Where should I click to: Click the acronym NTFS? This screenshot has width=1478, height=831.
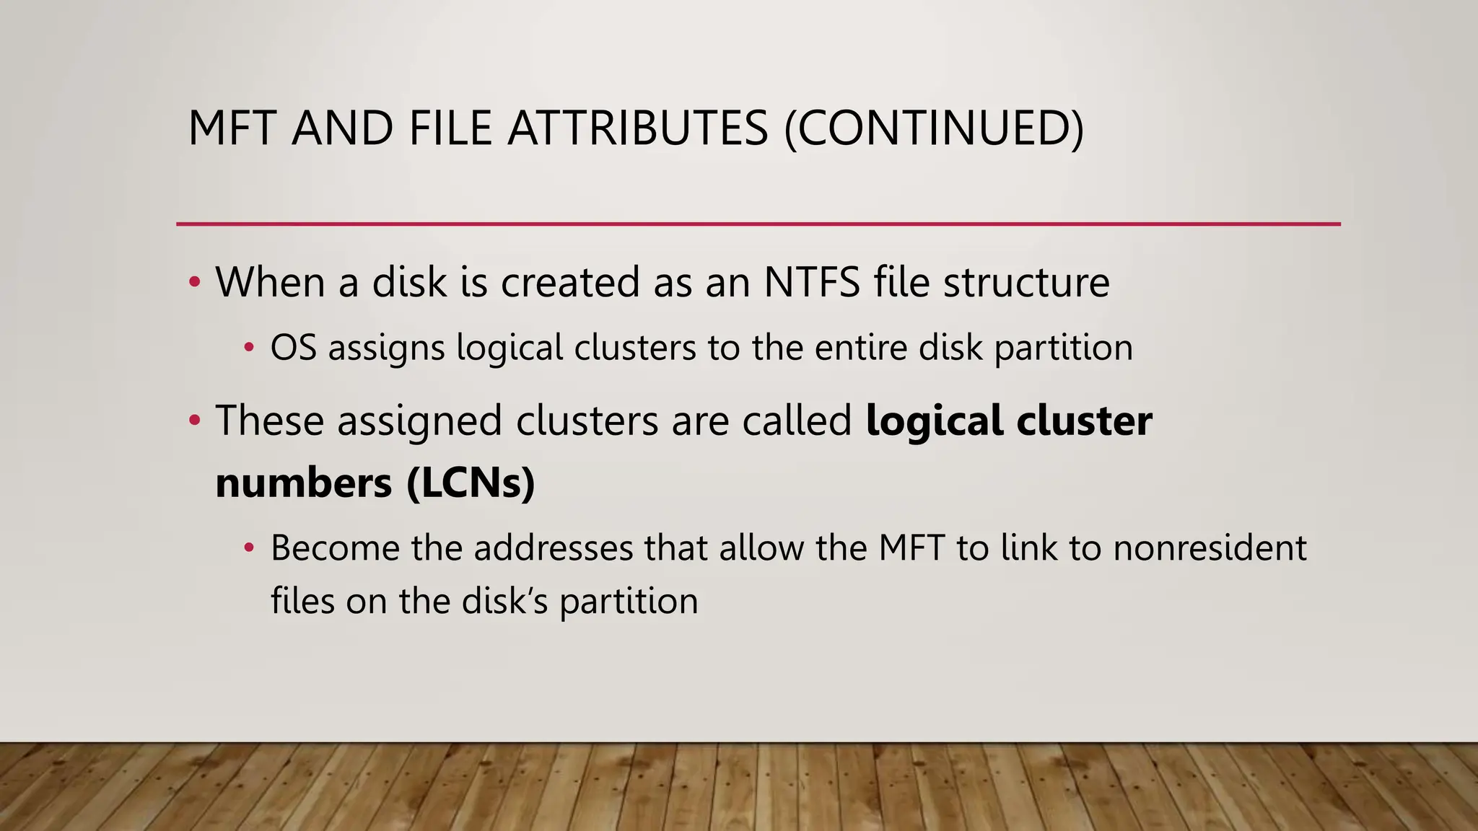pos(812,282)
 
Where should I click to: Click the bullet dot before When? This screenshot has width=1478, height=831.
pos(194,282)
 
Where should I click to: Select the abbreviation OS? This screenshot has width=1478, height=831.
pos(293,348)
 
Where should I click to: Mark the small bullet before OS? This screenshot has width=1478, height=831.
pos(249,348)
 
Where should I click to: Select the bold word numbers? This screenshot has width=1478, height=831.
pos(303,483)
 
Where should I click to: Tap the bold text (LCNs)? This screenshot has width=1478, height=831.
pos(471,483)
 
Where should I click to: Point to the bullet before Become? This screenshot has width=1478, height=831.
pos(249,548)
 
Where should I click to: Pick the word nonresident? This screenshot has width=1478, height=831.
pos(1210,548)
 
